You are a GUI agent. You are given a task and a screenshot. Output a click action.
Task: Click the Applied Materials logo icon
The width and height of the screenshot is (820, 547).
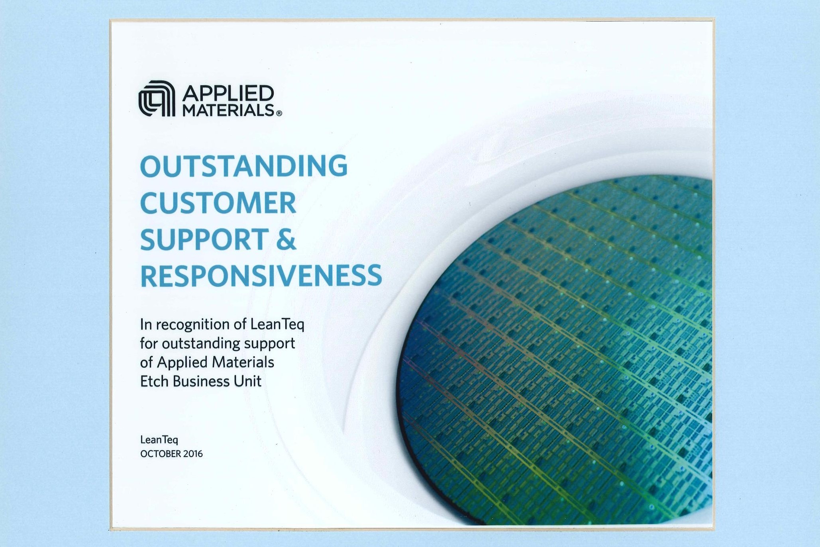(157, 98)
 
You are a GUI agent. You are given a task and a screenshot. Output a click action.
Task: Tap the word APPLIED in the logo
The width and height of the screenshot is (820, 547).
(228, 94)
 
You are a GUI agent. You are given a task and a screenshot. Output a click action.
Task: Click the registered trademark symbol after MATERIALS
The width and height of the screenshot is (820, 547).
(279, 113)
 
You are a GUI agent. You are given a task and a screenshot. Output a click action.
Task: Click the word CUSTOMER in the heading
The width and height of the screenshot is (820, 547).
(218, 202)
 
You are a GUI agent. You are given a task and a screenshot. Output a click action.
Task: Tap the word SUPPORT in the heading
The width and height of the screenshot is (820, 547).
(204, 239)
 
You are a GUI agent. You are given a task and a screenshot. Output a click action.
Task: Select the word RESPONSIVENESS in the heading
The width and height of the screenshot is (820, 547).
(261, 276)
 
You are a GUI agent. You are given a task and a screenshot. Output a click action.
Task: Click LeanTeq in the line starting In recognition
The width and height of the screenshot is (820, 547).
(277, 324)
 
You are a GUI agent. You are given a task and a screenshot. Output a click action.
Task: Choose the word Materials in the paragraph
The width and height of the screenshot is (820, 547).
(243, 362)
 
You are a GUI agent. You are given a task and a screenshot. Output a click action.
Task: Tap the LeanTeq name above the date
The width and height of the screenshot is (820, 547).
(159, 440)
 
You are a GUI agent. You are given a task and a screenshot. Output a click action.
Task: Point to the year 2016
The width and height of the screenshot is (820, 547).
(193, 454)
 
